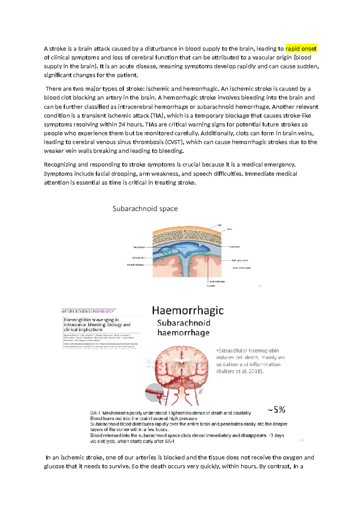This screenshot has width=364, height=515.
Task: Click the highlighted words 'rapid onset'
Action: point(301,49)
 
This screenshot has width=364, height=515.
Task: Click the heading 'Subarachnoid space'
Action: point(145,209)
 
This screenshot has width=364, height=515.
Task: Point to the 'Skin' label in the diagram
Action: point(219,225)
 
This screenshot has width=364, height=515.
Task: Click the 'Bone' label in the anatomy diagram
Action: point(230,229)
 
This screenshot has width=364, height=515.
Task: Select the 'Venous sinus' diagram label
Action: point(139,247)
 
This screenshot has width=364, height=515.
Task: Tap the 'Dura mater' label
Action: point(234,247)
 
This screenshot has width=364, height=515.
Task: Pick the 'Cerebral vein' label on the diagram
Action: point(138,258)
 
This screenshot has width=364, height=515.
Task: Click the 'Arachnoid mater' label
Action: point(217,281)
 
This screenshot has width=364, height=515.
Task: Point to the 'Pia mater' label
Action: point(211,286)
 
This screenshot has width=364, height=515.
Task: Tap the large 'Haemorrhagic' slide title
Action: point(188,310)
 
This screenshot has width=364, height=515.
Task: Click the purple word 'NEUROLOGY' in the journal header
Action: point(103,311)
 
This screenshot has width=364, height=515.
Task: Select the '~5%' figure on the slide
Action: point(276,410)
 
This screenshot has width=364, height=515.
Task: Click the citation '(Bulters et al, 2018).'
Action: point(240,371)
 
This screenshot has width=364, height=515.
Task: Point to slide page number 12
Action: point(302,440)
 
